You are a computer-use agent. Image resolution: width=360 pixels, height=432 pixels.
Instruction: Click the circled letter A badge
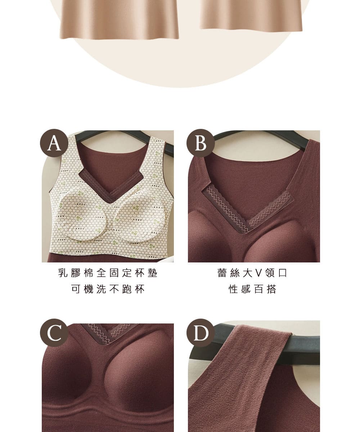click(x=54, y=143)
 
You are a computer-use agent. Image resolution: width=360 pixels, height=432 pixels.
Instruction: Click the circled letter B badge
click(x=201, y=143)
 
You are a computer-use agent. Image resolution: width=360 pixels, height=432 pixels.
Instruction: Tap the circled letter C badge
click(x=54, y=333)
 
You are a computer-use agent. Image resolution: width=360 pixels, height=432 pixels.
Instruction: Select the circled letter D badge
click(x=201, y=333)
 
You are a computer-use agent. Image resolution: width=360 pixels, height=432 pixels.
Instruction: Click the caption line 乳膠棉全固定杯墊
click(x=108, y=273)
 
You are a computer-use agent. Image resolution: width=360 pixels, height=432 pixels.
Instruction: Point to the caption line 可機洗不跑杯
click(x=108, y=289)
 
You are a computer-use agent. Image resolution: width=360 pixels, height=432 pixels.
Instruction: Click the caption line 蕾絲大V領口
click(x=252, y=273)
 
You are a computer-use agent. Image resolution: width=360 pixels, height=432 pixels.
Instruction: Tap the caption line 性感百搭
click(x=252, y=289)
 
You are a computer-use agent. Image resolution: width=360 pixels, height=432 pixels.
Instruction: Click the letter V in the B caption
click(x=259, y=273)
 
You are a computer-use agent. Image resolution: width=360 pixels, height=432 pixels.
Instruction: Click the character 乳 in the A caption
click(x=63, y=273)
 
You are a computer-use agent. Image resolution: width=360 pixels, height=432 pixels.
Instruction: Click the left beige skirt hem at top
click(x=120, y=20)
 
